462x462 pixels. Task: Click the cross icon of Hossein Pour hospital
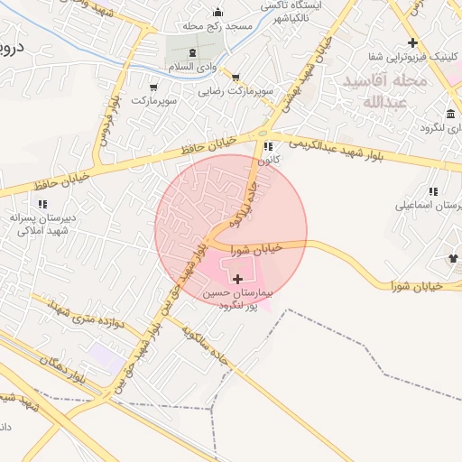click(237, 280)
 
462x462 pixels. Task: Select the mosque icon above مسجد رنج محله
click(217, 13)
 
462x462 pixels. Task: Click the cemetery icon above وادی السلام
click(192, 54)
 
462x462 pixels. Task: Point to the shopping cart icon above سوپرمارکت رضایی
click(236, 79)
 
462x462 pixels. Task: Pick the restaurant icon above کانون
click(266, 147)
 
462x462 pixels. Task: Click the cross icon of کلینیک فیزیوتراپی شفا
click(412, 43)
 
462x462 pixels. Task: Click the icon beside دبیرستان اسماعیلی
click(434, 192)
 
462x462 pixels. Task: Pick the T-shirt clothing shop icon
click(453, 259)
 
